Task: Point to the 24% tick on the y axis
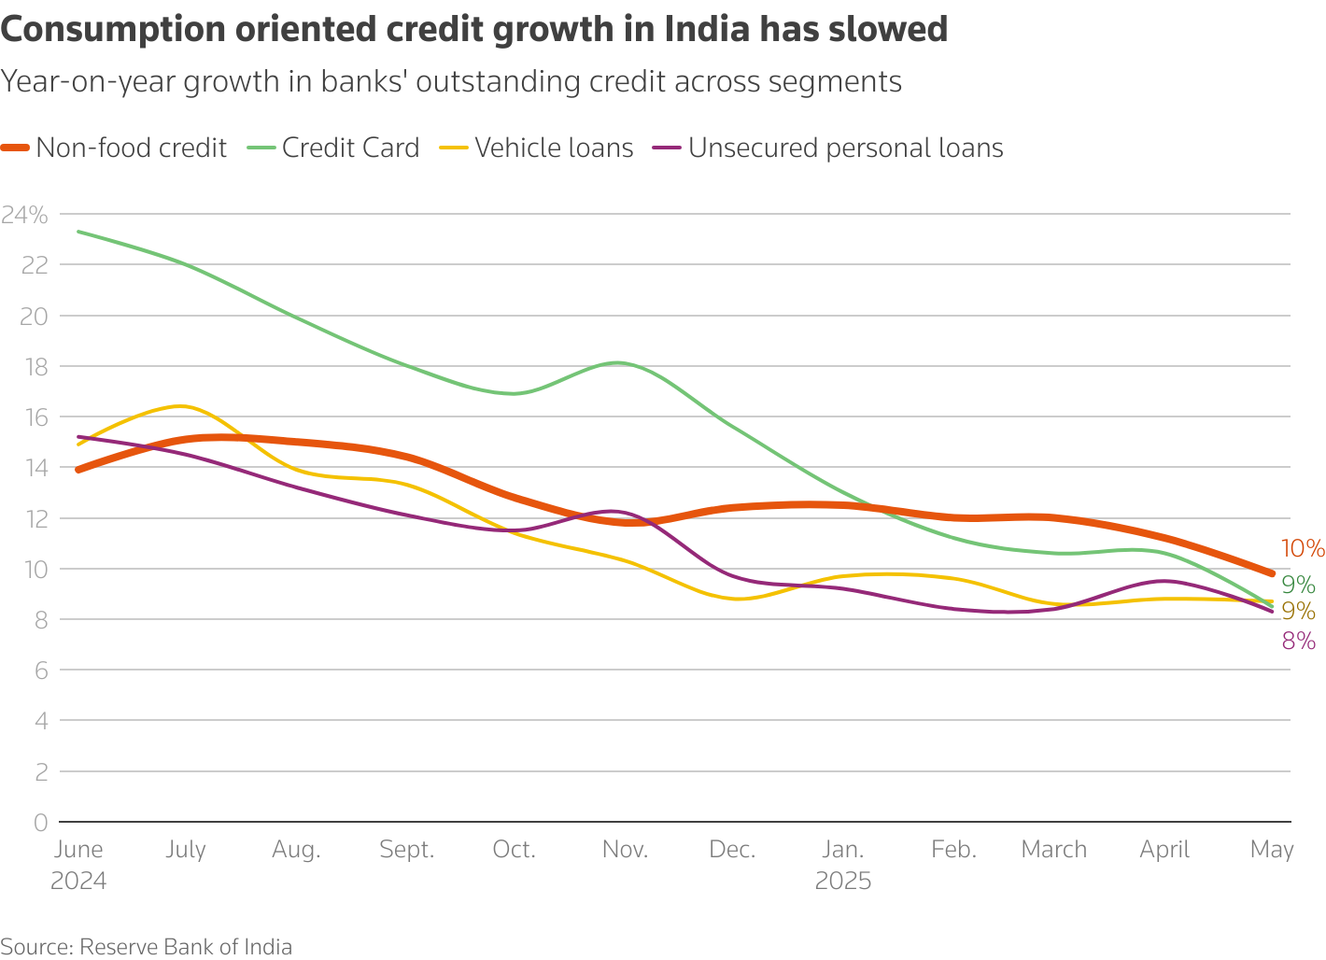(24, 215)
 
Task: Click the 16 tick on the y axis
(34, 416)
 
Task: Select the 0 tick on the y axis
(40, 822)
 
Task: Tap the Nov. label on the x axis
(625, 850)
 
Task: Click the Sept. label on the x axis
(407, 850)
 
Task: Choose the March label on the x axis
(1053, 850)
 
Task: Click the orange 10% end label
(1303, 549)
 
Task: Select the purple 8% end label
(1299, 641)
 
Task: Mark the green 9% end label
(1298, 586)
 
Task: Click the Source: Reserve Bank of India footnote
(147, 947)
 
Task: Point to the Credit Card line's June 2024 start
(78, 231)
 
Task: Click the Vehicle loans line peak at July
(183, 406)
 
